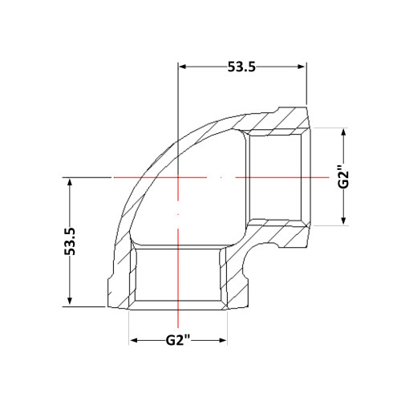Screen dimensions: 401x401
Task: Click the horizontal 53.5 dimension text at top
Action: click(x=241, y=67)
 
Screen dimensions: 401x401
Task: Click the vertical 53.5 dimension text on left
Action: click(x=70, y=241)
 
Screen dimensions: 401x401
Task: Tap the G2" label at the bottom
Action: click(x=178, y=340)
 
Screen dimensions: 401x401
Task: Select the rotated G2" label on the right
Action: click(x=344, y=177)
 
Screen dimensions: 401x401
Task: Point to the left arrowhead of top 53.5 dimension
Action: click(x=182, y=67)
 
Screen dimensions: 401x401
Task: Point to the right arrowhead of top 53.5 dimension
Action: click(x=302, y=67)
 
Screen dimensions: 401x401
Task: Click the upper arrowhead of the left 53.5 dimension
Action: click(x=70, y=183)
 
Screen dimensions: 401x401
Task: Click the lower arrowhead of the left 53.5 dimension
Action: click(x=70, y=301)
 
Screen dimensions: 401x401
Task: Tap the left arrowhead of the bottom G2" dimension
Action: click(x=134, y=340)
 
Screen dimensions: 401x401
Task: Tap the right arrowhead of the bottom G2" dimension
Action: click(x=223, y=340)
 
